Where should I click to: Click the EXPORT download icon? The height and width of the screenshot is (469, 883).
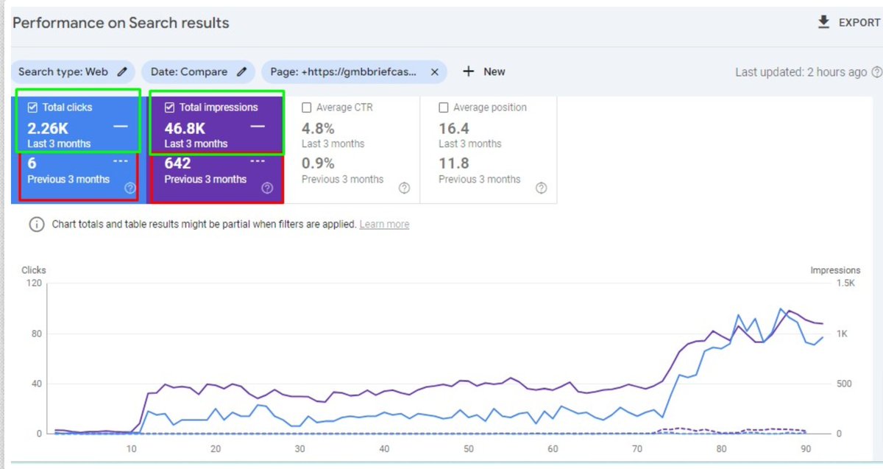(823, 22)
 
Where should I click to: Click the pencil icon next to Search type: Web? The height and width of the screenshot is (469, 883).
(122, 71)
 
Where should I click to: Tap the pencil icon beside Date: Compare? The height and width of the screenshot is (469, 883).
(241, 71)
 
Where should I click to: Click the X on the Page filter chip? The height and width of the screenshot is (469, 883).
(434, 71)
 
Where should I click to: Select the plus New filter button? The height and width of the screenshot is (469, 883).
(483, 71)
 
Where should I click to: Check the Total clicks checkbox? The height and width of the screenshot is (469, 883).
(32, 107)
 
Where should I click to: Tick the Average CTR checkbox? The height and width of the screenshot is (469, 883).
(307, 107)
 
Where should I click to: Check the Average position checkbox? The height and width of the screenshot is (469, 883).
(444, 107)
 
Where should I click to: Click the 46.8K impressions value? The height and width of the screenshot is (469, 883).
(185, 128)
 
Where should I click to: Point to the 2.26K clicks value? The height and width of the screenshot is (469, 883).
(48, 128)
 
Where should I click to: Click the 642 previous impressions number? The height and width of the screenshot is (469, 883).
(177, 163)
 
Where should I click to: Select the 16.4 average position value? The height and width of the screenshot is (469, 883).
(454, 128)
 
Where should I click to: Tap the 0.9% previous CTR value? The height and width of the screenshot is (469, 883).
(318, 163)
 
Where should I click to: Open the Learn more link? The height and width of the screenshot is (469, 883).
(384, 225)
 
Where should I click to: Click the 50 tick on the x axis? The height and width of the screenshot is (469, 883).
(468, 449)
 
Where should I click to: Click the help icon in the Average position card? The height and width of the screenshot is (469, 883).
(541, 188)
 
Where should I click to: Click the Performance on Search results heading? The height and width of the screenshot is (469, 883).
(121, 23)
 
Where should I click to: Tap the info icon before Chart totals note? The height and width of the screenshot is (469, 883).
(36, 225)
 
